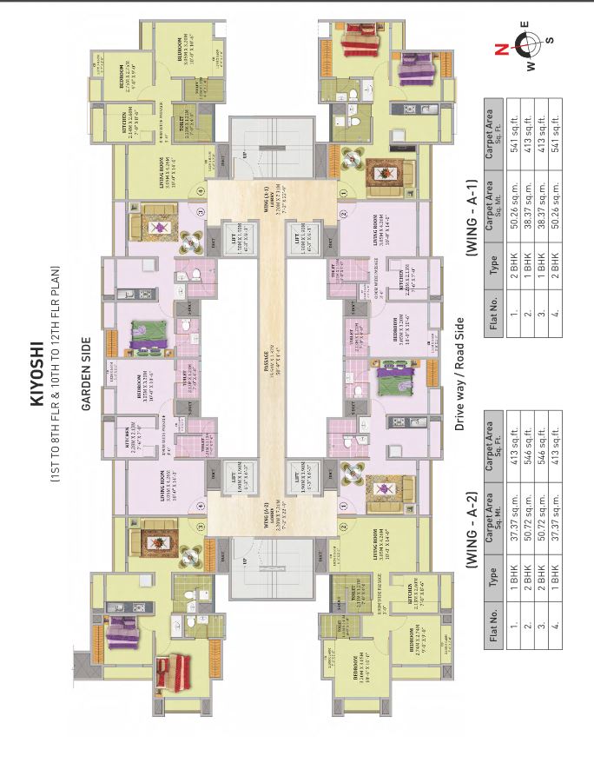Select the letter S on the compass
551,40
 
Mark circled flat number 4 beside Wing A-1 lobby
201,190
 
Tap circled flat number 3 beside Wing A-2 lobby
201,527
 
